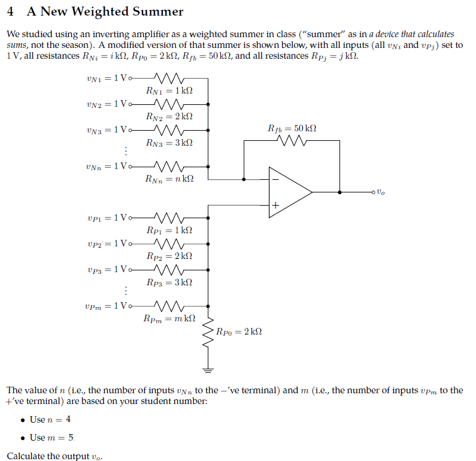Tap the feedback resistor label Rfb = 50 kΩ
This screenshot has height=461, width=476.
292,129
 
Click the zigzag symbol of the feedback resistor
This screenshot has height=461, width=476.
292,141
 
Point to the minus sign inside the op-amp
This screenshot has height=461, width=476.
275,179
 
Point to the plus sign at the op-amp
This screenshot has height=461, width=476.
275,206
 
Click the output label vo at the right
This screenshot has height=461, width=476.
381,192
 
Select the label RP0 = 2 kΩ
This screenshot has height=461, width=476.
239,331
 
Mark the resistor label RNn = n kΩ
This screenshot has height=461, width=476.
169,179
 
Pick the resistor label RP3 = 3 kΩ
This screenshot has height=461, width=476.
169,282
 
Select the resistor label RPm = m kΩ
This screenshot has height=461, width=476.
169,318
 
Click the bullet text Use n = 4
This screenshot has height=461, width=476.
50,419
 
